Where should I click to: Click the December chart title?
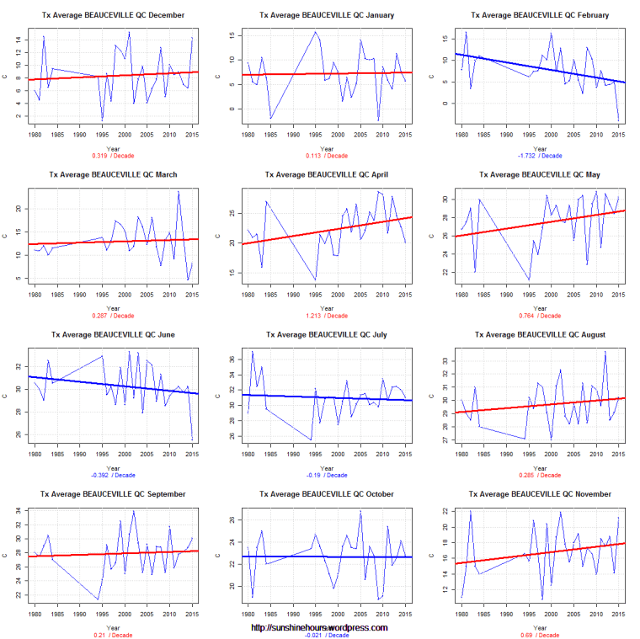[x=112, y=15]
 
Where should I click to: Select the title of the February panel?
[x=541, y=15]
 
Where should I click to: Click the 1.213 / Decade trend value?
[x=325, y=315]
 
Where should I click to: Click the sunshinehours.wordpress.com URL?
[x=320, y=627]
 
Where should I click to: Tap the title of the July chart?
[x=325, y=334]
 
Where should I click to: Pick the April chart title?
[x=325, y=175]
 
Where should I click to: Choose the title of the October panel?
[x=325, y=494]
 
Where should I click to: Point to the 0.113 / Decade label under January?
[x=325, y=156]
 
